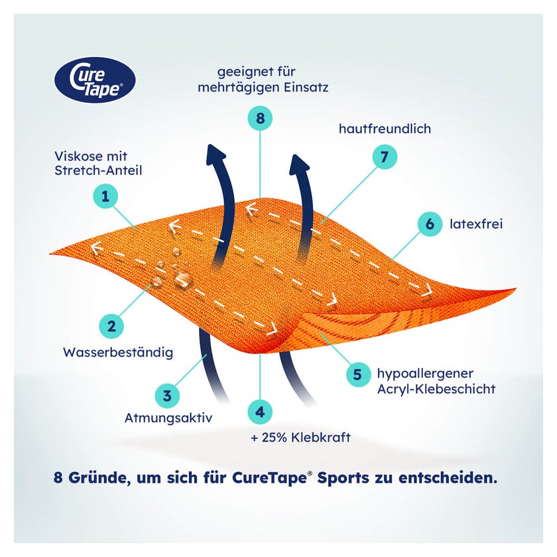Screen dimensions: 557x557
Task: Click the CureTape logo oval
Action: pos(95,80)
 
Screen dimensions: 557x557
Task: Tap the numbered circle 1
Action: pos(105,196)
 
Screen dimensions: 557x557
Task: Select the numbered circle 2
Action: pos(111,326)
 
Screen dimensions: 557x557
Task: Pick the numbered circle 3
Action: pos(167,395)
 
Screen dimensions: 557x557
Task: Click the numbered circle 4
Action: pos(260,412)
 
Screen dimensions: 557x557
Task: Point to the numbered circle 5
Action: pos(358,375)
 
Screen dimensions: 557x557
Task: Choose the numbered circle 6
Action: pos(430,224)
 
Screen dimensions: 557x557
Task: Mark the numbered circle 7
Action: pos(385,156)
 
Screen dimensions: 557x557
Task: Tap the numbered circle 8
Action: pos(260,118)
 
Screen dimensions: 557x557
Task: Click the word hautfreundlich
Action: pos(385,129)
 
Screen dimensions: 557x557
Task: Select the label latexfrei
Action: pos(476,224)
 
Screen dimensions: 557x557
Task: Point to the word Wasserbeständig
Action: pos(118,352)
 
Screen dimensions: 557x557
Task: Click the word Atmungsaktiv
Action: pos(168,418)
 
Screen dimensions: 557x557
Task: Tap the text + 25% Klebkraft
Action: pos(300,437)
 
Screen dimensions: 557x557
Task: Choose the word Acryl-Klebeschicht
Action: pos(436,389)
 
